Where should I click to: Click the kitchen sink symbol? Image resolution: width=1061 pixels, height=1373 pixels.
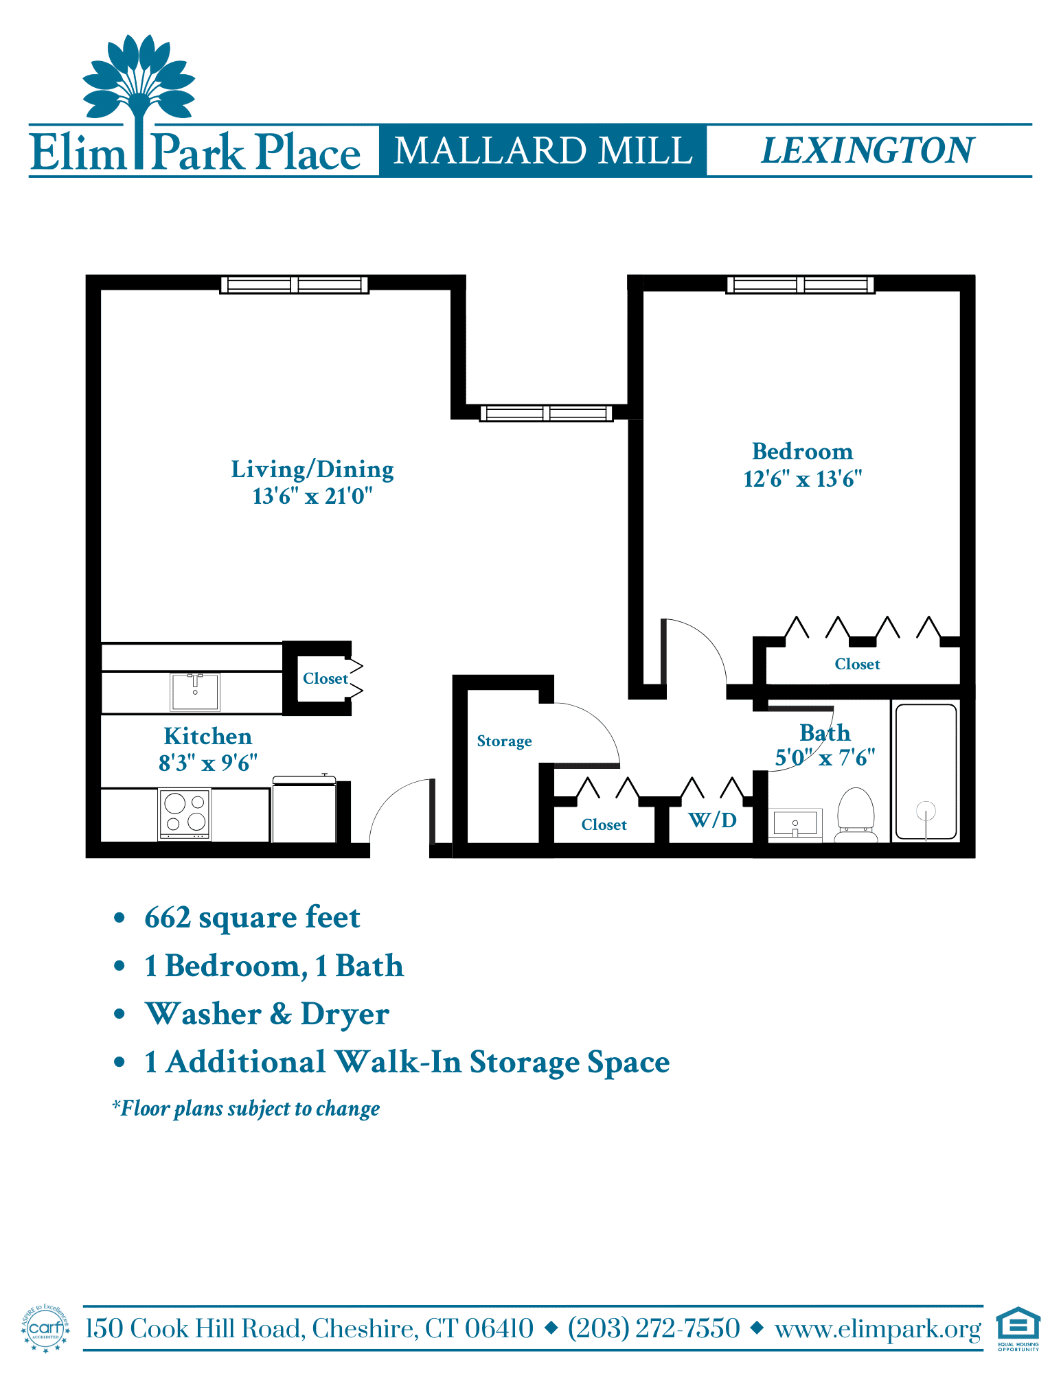click(x=195, y=692)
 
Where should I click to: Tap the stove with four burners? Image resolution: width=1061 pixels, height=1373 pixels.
click(x=185, y=814)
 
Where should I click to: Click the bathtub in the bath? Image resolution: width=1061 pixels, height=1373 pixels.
click(x=926, y=772)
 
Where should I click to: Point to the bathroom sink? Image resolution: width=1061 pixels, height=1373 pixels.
click(x=795, y=824)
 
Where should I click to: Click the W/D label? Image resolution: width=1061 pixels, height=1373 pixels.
click(x=712, y=820)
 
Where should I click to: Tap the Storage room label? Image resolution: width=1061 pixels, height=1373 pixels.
click(x=504, y=741)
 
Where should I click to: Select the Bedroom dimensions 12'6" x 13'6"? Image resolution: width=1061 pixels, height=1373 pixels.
click(x=802, y=478)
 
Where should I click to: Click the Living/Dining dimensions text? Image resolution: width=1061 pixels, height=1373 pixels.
click(x=312, y=496)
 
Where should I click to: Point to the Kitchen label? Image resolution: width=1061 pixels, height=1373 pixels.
click(x=208, y=736)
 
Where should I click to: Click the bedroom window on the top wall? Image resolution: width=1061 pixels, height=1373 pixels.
click(x=800, y=284)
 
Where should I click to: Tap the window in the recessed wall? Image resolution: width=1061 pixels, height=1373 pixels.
click(x=546, y=413)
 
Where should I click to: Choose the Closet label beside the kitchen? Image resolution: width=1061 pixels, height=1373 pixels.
click(x=326, y=678)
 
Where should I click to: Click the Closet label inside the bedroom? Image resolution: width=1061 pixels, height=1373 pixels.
click(x=857, y=664)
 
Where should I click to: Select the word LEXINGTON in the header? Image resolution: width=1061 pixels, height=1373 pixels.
click(x=868, y=150)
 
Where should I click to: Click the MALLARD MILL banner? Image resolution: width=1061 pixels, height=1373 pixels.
click(x=543, y=150)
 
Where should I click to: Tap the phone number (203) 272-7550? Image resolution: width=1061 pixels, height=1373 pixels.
click(x=654, y=1328)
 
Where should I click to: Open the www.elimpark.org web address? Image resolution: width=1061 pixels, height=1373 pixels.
click(x=878, y=1329)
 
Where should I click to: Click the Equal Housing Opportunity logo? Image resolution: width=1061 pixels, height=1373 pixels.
click(x=1018, y=1328)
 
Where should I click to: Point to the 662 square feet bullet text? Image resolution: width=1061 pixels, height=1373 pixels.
click(x=252, y=917)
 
